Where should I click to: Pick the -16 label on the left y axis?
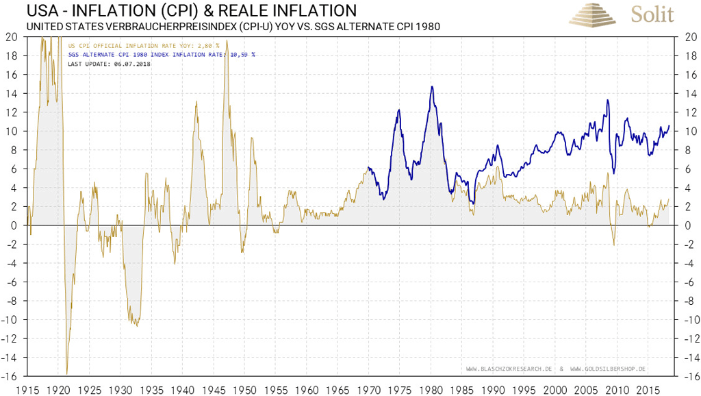pos(12,376)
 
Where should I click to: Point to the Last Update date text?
pos(109,64)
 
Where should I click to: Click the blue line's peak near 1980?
pos(432,86)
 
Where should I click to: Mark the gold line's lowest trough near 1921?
pos(66,373)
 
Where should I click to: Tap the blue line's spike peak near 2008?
pos(607,101)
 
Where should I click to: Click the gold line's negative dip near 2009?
pos(613,245)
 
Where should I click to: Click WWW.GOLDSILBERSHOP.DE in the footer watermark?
pos(608,369)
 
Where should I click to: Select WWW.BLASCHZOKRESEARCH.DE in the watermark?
pos(509,369)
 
